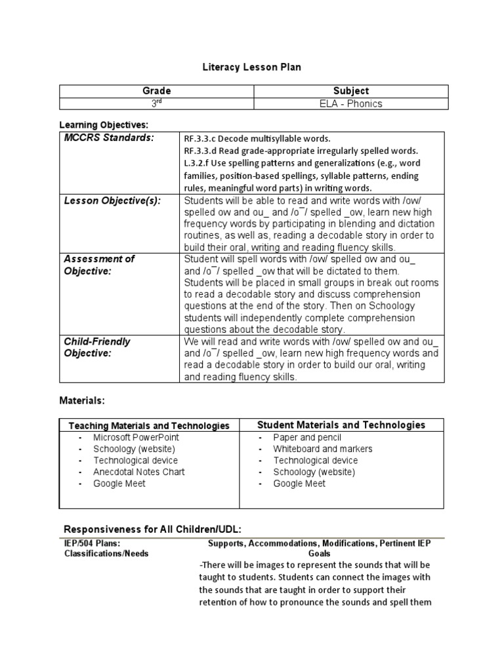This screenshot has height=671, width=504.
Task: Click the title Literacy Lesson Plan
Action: point(251,67)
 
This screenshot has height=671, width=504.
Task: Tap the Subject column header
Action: point(351,91)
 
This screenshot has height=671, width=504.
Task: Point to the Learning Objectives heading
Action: point(104,125)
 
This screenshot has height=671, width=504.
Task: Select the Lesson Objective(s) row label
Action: point(112,201)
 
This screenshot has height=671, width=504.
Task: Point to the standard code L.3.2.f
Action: point(198,163)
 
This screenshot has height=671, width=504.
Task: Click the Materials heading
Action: point(82,400)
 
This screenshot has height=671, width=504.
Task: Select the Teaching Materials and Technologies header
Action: point(149,426)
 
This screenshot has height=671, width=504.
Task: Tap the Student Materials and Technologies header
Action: point(341,425)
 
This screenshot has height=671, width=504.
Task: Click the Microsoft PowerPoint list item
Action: point(136,437)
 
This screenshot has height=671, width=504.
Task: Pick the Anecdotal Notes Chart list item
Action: point(138,472)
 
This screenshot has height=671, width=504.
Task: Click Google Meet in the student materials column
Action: point(299,484)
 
